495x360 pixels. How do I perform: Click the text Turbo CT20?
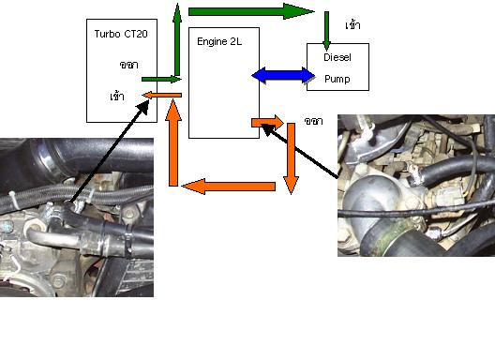121,34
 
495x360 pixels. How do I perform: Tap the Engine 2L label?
219,41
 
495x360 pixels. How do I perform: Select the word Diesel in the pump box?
337,57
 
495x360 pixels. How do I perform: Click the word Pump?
337,79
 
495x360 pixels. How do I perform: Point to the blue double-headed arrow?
283,76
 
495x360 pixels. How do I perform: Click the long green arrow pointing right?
251,11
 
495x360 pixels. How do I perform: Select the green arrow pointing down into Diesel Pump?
327,31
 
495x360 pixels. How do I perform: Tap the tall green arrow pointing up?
177,39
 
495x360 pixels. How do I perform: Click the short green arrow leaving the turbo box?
161,79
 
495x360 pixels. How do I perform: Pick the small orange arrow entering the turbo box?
162,95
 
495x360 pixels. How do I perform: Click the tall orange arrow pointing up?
173,142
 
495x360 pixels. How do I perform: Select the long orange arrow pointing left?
229,187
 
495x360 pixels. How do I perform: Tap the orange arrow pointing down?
291,158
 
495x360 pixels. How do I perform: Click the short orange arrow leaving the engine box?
267,123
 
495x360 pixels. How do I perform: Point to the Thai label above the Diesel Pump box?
352,25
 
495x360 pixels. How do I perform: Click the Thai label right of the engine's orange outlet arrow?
313,121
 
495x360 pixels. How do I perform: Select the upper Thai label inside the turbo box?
128,65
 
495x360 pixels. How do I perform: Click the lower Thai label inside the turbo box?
117,96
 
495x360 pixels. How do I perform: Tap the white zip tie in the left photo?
13,201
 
